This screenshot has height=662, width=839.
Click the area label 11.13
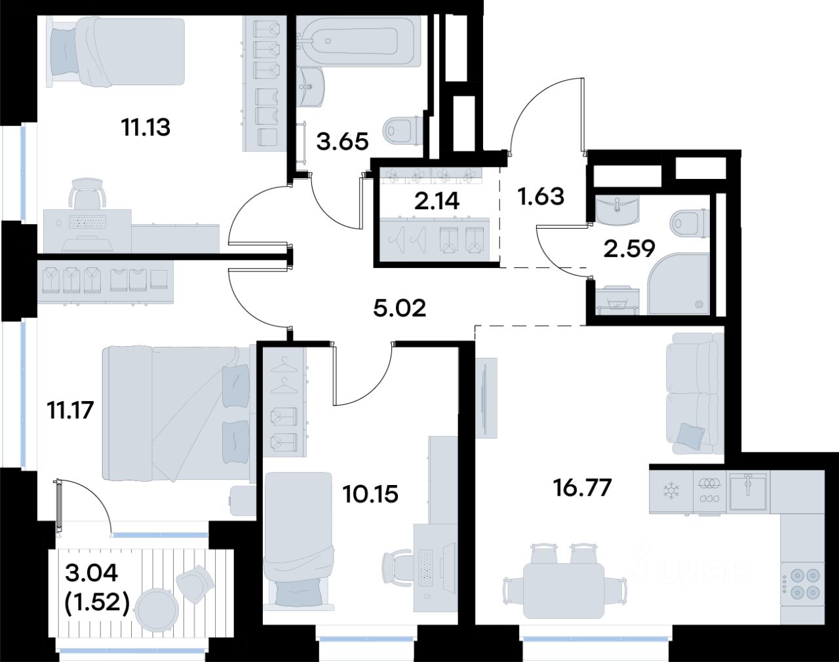[146, 128]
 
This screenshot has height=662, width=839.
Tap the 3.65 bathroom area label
[342, 141]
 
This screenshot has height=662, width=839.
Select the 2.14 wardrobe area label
[437, 201]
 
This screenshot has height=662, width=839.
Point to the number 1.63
[541, 196]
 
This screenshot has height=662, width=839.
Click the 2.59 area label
[629, 248]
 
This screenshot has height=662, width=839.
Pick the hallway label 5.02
[400, 309]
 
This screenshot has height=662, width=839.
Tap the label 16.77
[583, 488]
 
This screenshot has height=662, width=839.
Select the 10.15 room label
[370, 494]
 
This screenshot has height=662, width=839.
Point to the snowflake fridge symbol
[671, 490]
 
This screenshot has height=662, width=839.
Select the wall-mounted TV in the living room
[486, 397]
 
